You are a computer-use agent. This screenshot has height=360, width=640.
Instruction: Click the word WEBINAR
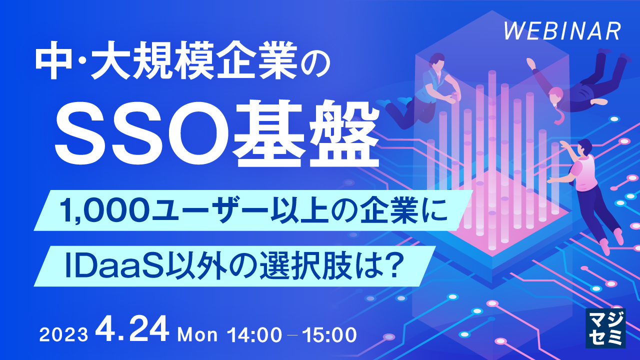[x=562, y=31]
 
